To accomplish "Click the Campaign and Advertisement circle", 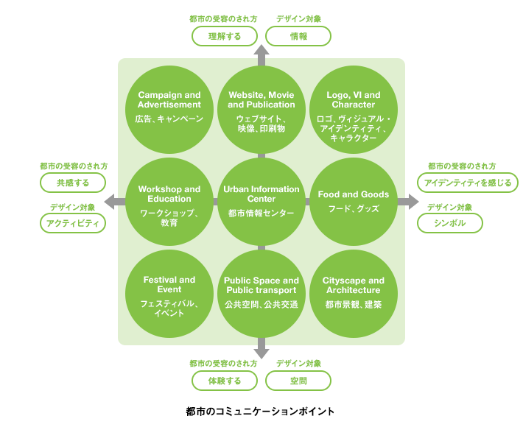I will point(169,109).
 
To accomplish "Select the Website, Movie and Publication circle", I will point(261,109).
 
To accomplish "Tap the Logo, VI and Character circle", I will point(354,109).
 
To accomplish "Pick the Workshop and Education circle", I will point(169,201).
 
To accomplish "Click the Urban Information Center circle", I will point(261,201).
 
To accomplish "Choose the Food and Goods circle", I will point(354,201).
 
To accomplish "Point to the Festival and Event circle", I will point(169,293).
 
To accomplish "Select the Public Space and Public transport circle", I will point(261,293).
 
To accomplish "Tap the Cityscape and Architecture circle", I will point(354,293).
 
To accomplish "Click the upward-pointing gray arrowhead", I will point(261,52).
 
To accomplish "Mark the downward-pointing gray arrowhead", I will point(261,352).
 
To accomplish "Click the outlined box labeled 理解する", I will point(225,35).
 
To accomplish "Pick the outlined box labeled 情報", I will point(298,35).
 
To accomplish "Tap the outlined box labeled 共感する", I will point(73,183).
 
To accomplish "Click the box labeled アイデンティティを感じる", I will point(467,183).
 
